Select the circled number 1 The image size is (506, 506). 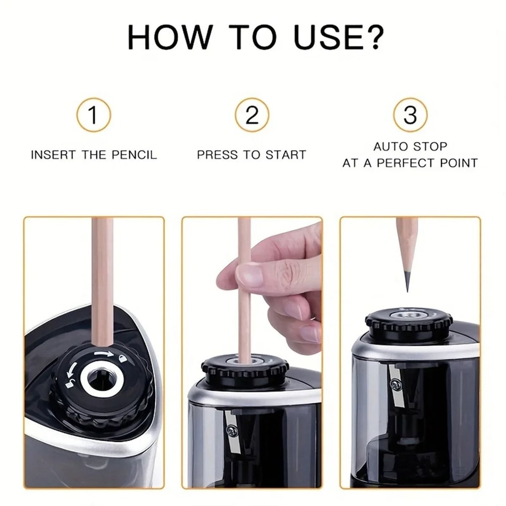94,115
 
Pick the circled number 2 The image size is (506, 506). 251,115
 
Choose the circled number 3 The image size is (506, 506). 410,115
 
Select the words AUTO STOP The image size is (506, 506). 410,147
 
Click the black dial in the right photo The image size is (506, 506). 409,324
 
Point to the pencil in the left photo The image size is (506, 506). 103,278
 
